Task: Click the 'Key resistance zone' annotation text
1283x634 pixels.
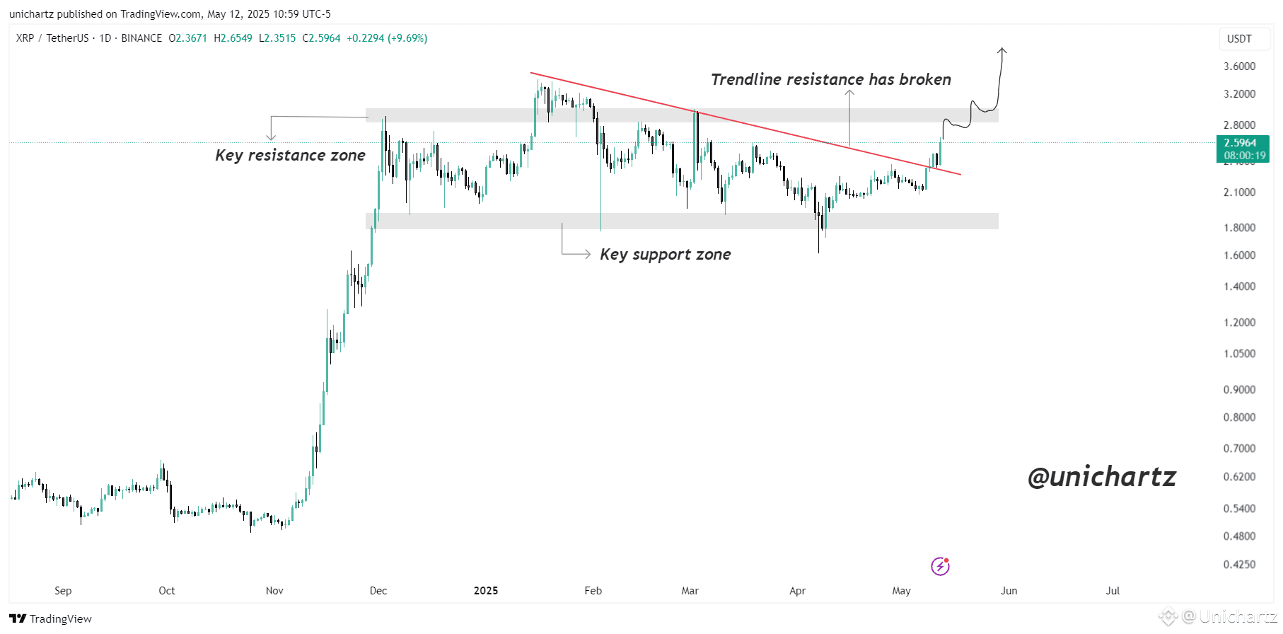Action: click(x=290, y=156)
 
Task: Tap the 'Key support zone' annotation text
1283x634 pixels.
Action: click(x=665, y=255)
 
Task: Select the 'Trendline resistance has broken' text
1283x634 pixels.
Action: click(x=830, y=79)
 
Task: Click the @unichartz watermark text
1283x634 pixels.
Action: click(x=1101, y=477)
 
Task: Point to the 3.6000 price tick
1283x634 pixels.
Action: click(x=1239, y=67)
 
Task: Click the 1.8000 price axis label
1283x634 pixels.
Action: click(x=1239, y=228)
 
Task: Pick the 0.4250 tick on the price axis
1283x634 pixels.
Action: click(x=1239, y=565)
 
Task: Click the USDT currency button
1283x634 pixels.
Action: click(x=1239, y=39)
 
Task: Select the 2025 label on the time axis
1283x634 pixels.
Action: click(x=486, y=591)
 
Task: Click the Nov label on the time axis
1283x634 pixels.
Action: click(x=274, y=591)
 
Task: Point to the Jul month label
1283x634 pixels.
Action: click(x=1113, y=591)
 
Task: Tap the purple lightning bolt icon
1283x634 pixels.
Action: click(x=940, y=566)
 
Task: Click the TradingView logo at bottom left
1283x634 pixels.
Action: click(x=51, y=618)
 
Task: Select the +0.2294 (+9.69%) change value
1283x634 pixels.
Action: click(x=386, y=38)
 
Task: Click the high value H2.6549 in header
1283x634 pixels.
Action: click(x=233, y=38)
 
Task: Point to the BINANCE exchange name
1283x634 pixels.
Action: click(x=141, y=38)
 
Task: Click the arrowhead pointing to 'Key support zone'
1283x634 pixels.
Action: click(x=588, y=254)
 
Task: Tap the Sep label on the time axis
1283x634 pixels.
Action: click(x=63, y=591)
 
